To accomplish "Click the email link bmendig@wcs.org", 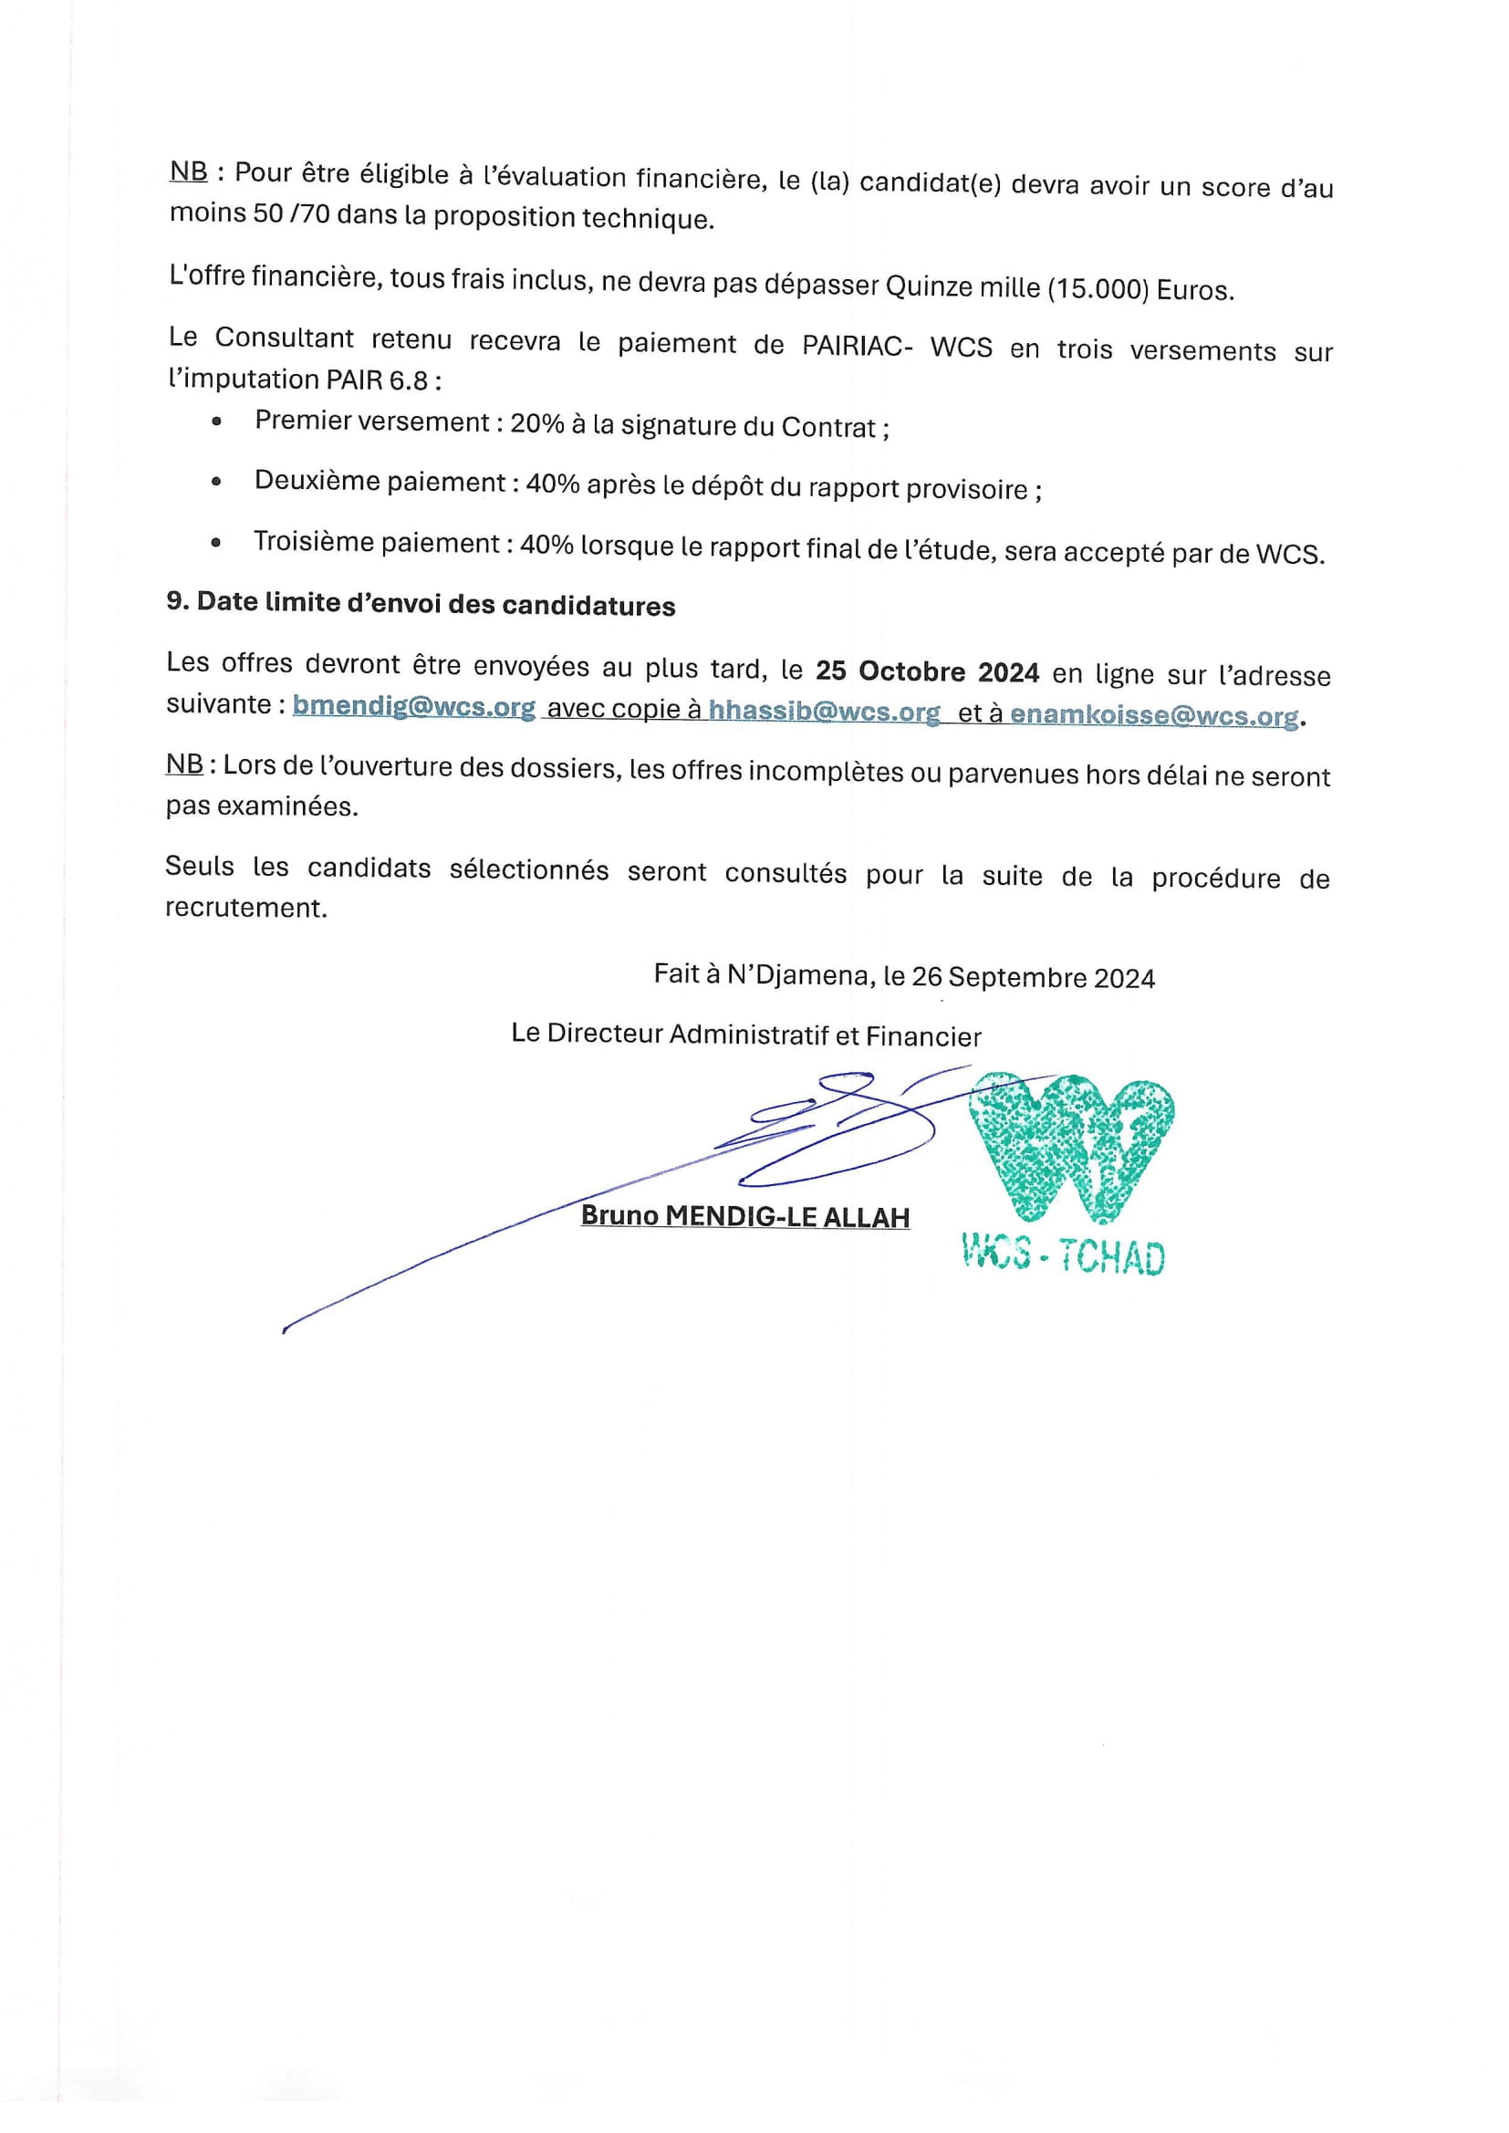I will pyautogui.click(x=413, y=707).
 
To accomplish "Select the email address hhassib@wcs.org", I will pyautogui.click(x=823, y=712).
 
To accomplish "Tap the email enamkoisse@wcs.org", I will pyautogui.click(x=1153, y=715).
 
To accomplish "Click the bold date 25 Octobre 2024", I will pyautogui.click(x=926, y=671).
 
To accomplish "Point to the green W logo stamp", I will pyautogui.click(x=1071, y=1148).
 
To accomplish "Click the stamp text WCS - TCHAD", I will pyautogui.click(x=1063, y=1257).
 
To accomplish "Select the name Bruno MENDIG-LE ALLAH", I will pyautogui.click(x=744, y=1216).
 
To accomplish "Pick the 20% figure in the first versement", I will pyautogui.click(x=537, y=423).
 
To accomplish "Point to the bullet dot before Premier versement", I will pyautogui.click(x=216, y=421).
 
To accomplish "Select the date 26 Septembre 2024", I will pyautogui.click(x=1033, y=977).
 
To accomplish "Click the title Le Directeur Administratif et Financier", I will pyautogui.click(x=745, y=1035).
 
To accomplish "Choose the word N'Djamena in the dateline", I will pyautogui.click(x=798, y=974).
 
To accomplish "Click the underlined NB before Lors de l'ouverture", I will pyautogui.click(x=184, y=764).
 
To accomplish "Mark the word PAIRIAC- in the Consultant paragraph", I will pyautogui.click(x=857, y=347).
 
